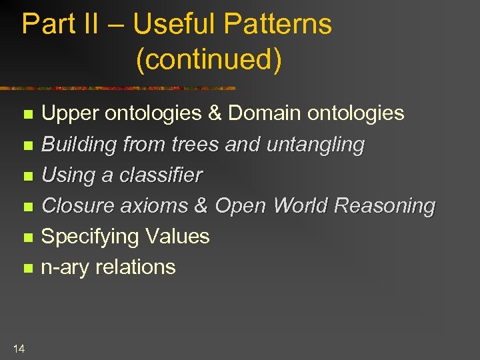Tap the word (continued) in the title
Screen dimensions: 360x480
pos(209,59)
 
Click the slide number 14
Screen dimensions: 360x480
pos(19,348)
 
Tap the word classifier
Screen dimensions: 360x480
pos(160,175)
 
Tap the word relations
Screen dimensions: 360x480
pos(135,267)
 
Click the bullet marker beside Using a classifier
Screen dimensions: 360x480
pos(27,177)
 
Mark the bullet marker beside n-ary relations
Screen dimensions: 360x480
pos(27,269)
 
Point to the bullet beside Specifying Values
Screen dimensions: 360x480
pos(27,238)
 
